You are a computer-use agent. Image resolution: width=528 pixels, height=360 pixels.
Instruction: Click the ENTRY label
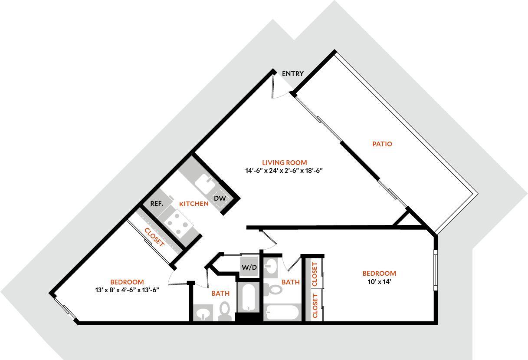(293, 74)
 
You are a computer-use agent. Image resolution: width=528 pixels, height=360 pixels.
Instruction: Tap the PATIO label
(382, 144)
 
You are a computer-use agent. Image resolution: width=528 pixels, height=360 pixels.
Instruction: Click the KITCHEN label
(194, 204)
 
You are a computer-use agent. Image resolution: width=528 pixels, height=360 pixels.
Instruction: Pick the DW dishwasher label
(220, 198)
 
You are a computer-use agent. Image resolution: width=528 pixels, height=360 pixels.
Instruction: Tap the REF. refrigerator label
(156, 204)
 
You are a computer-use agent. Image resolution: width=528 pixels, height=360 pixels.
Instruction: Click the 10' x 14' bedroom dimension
(379, 281)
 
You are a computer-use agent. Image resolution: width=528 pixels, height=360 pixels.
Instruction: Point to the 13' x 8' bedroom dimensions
(127, 290)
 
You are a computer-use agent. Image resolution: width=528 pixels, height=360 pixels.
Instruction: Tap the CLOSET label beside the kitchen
(154, 238)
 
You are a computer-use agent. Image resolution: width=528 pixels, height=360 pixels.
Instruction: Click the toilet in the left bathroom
(225, 310)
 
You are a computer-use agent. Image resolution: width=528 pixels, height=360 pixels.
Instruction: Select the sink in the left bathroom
(203, 313)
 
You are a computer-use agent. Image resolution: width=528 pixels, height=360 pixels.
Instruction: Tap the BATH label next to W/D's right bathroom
(290, 282)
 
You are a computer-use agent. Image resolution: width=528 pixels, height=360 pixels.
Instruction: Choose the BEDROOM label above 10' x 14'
(379, 274)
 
